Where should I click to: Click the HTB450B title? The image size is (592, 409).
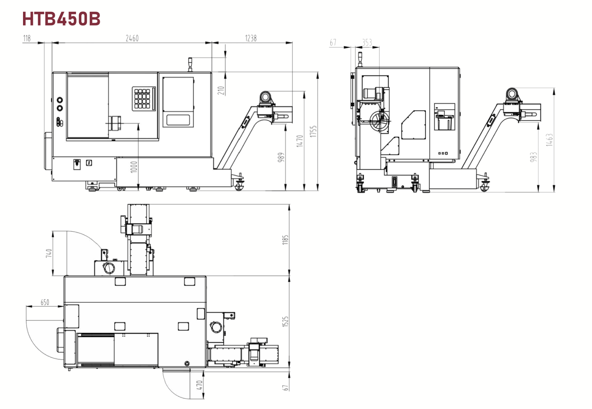(x=61, y=19)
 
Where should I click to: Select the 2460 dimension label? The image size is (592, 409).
(x=132, y=38)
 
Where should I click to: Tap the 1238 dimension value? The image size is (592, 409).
(x=251, y=38)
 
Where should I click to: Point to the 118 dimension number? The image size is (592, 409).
(x=27, y=38)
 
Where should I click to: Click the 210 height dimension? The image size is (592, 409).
(x=221, y=90)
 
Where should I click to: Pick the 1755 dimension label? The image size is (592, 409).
(x=313, y=131)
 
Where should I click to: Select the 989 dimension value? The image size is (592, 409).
(x=281, y=157)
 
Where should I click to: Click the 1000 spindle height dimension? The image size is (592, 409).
(x=134, y=167)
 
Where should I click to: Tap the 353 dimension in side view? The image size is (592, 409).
(x=367, y=42)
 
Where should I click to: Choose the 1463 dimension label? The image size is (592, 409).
(x=549, y=140)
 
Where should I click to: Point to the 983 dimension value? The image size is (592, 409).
(x=533, y=157)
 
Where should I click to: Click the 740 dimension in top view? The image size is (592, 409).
(x=49, y=253)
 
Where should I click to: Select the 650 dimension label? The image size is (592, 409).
(x=45, y=302)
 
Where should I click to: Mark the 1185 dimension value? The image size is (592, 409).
(x=285, y=240)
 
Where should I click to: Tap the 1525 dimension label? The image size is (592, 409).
(x=285, y=321)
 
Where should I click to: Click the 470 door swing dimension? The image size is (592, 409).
(x=199, y=385)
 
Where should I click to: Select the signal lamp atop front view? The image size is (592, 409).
(x=190, y=64)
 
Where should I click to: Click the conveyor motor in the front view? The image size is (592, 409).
(x=265, y=97)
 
